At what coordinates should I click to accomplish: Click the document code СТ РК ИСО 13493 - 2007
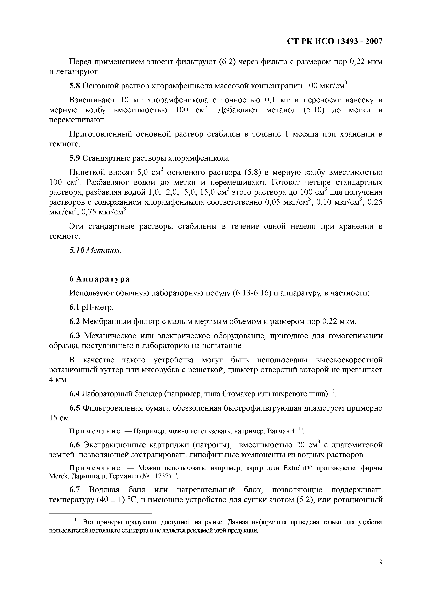click(334, 42)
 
